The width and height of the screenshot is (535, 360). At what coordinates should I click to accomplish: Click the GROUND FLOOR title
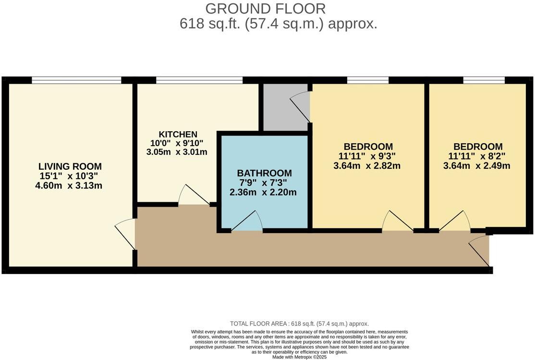265,8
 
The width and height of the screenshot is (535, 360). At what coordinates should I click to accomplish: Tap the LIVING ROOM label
70,166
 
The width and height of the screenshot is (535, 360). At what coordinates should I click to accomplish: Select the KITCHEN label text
178,134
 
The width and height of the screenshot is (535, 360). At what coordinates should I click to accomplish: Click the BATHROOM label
264,173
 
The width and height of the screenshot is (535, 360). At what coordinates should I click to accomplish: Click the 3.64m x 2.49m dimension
478,166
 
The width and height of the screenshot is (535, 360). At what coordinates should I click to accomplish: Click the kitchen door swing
194,196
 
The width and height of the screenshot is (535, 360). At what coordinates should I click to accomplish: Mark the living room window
77,80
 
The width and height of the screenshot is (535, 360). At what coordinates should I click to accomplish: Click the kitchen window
199,80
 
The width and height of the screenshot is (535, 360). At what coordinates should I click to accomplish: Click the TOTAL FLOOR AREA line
299,324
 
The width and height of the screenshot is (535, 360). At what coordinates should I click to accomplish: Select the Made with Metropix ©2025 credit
299,357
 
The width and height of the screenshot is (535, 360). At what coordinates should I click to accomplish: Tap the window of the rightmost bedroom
484,80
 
